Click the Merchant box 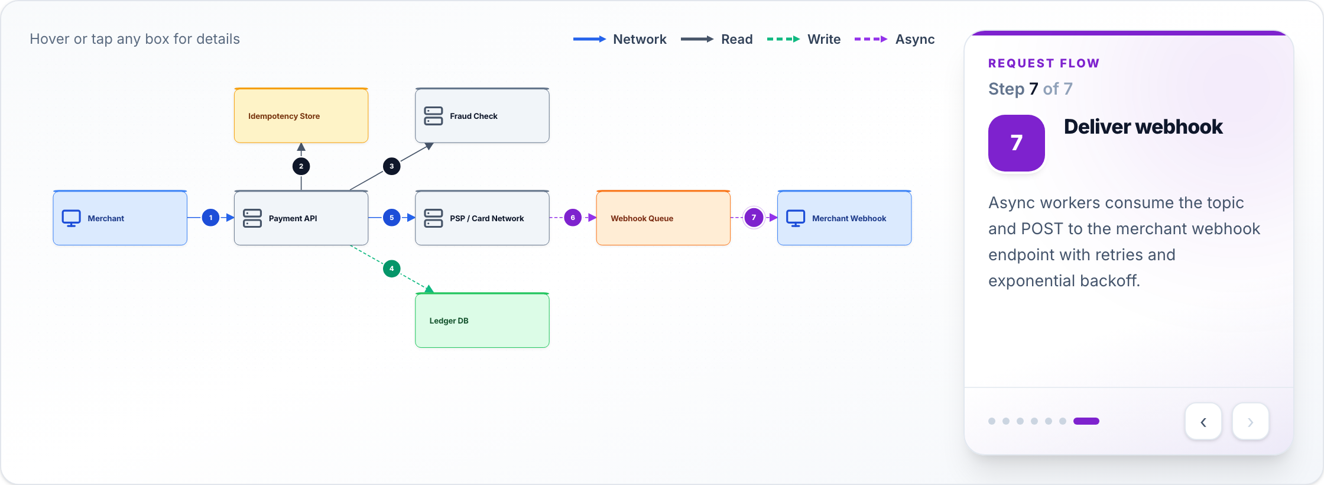pyautogui.click(x=120, y=218)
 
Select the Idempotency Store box pyautogui.click(x=301, y=115)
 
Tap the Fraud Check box pyautogui.click(x=482, y=115)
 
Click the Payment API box pyautogui.click(x=301, y=218)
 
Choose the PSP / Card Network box pyautogui.click(x=482, y=218)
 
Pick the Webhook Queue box pyautogui.click(x=663, y=218)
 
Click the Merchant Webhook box pyautogui.click(x=844, y=218)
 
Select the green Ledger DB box pyautogui.click(x=482, y=320)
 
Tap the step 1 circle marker pyautogui.click(x=210, y=218)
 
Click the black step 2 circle pyautogui.click(x=301, y=166)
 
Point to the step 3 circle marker pyautogui.click(x=391, y=166)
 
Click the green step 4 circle pyautogui.click(x=391, y=269)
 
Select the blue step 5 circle pyautogui.click(x=391, y=218)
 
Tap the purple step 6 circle pyautogui.click(x=573, y=218)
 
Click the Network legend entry pyautogui.click(x=619, y=39)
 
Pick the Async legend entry pyautogui.click(x=894, y=39)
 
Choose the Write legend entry pyautogui.click(x=803, y=39)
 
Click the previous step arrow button pyautogui.click(x=1203, y=422)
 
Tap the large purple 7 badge pyautogui.click(x=1017, y=143)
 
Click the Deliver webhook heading pyautogui.click(x=1143, y=127)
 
